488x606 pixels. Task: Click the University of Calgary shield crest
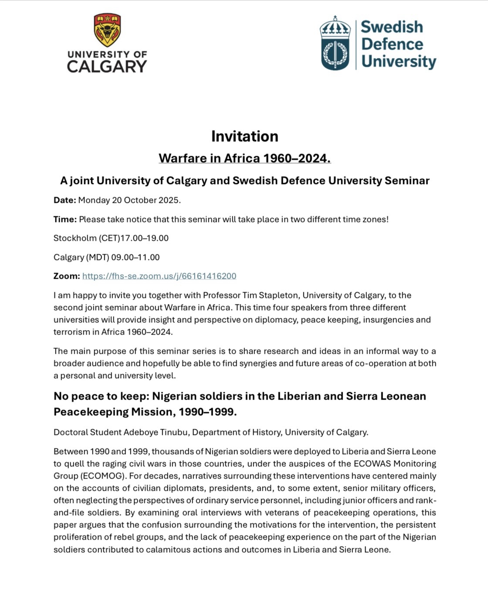(107, 30)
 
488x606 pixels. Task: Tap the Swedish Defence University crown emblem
(335, 43)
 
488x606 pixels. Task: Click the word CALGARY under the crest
(107, 66)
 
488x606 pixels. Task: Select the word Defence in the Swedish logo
(392, 44)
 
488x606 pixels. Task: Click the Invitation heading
(244, 136)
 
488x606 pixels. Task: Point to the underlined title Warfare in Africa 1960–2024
(244, 158)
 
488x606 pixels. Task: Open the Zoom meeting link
(159, 276)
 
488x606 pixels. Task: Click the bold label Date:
(65, 200)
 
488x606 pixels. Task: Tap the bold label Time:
(65, 219)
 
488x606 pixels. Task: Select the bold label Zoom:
(67, 276)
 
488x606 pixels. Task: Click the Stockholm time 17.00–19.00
(144, 238)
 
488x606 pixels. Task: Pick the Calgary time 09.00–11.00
(136, 257)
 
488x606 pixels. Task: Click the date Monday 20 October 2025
(129, 200)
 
